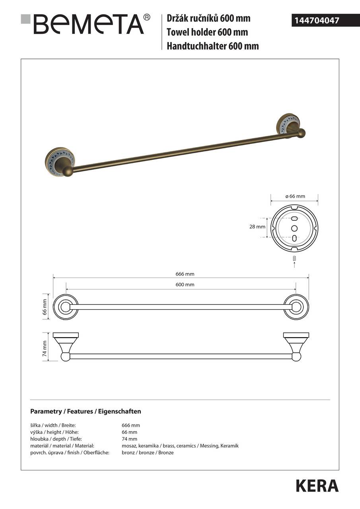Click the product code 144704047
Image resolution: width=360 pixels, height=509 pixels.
(x=317, y=20)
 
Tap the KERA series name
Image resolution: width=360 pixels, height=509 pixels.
(x=317, y=486)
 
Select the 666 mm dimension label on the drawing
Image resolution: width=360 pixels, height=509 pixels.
(x=185, y=274)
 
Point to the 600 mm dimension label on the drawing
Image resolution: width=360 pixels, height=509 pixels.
(x=185, y=284)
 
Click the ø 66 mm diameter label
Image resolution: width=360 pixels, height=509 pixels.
(x=294, y=196)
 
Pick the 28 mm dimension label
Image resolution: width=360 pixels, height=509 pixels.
(x=257, y=227)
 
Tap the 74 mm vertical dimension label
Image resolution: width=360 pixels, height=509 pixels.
(x=45, y=348)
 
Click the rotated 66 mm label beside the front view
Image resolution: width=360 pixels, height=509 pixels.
(x=45, y=307)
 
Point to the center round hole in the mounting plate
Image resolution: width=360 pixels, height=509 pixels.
(x=294, y=228)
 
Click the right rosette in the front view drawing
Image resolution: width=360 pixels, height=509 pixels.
(x=296, y=307)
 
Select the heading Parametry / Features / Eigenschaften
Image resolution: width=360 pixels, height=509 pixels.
(x=86, y=411)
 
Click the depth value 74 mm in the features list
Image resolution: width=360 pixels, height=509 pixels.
(x=129, y=439)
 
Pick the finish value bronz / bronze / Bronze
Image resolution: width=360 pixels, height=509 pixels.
(x=148, y=453)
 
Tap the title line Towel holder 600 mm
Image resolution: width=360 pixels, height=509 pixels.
(x=207, y=32)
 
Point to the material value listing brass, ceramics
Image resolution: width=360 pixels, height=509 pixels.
(x=180, y=446)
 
